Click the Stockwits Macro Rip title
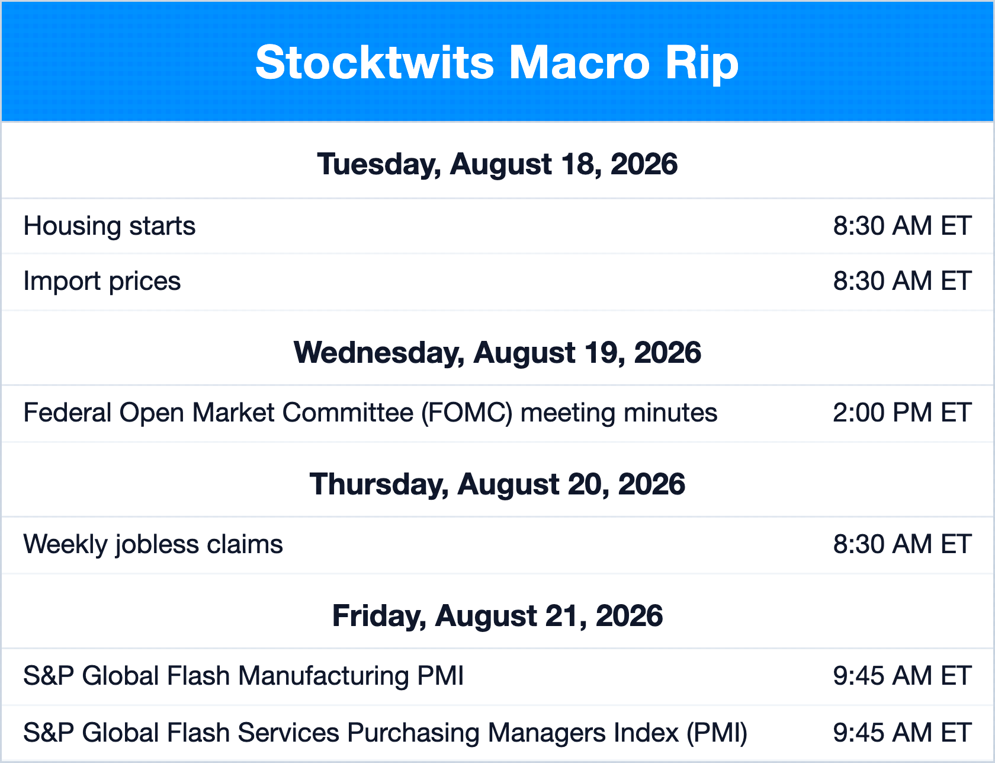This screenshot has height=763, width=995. (x=497, y=63)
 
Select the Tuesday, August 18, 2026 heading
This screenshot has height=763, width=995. (x=497, y=164)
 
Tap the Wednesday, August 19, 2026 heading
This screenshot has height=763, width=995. (x=497, y=353)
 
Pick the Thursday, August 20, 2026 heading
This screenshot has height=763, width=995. (x=497, y=484)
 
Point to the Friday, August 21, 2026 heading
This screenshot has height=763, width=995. (x=497, y=616)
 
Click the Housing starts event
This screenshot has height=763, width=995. (x=110, y=226)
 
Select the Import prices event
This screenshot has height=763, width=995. (x=102, y=282)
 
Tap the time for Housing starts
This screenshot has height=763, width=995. (x=902, y=226)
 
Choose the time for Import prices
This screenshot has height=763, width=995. (x=902, y=281)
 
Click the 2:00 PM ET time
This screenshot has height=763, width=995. (x=902, y=413)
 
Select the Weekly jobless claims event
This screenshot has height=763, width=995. (x=153, y=545)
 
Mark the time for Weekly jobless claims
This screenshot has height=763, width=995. (x=902, y=544)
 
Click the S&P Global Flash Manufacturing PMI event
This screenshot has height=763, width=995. (x=243, y=676)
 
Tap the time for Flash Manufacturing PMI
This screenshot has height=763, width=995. (x=902, y=676)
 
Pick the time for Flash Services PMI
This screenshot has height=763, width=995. (x=902, y=733)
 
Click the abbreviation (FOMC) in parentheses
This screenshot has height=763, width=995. (x=467, y=413)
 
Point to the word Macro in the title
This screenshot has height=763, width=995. (x=580, y=63)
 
